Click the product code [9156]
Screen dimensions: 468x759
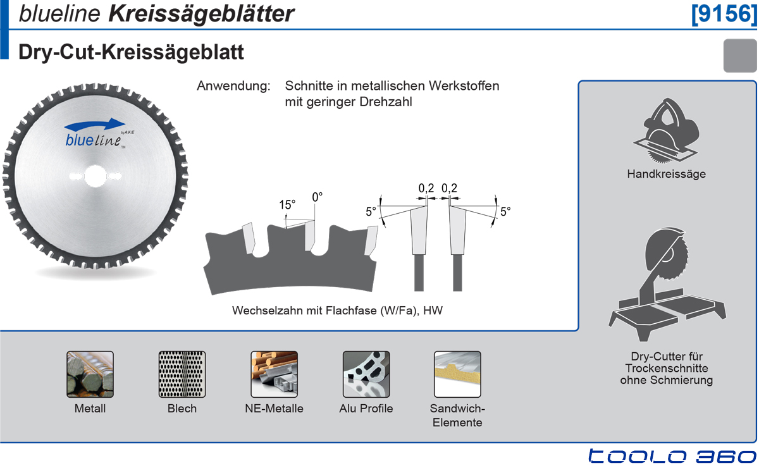[724, 14]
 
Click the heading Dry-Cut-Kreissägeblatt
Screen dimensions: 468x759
[132, 52]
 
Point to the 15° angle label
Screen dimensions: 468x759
[287, 205]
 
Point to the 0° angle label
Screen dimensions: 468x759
[318, 197]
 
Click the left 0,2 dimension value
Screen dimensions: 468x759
[426, 188]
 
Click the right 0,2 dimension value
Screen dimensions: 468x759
[449, 188]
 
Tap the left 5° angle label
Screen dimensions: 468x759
[371, 212]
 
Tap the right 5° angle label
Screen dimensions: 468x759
[505, 212]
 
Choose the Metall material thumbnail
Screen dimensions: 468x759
[90, 374]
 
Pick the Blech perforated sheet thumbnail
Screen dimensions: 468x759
[182, 374]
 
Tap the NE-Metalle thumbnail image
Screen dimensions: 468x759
[274, 374]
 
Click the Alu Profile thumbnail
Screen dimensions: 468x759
[366, 374]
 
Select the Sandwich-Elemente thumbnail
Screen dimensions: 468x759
[457, 374]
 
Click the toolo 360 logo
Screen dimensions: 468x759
[672, 457]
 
